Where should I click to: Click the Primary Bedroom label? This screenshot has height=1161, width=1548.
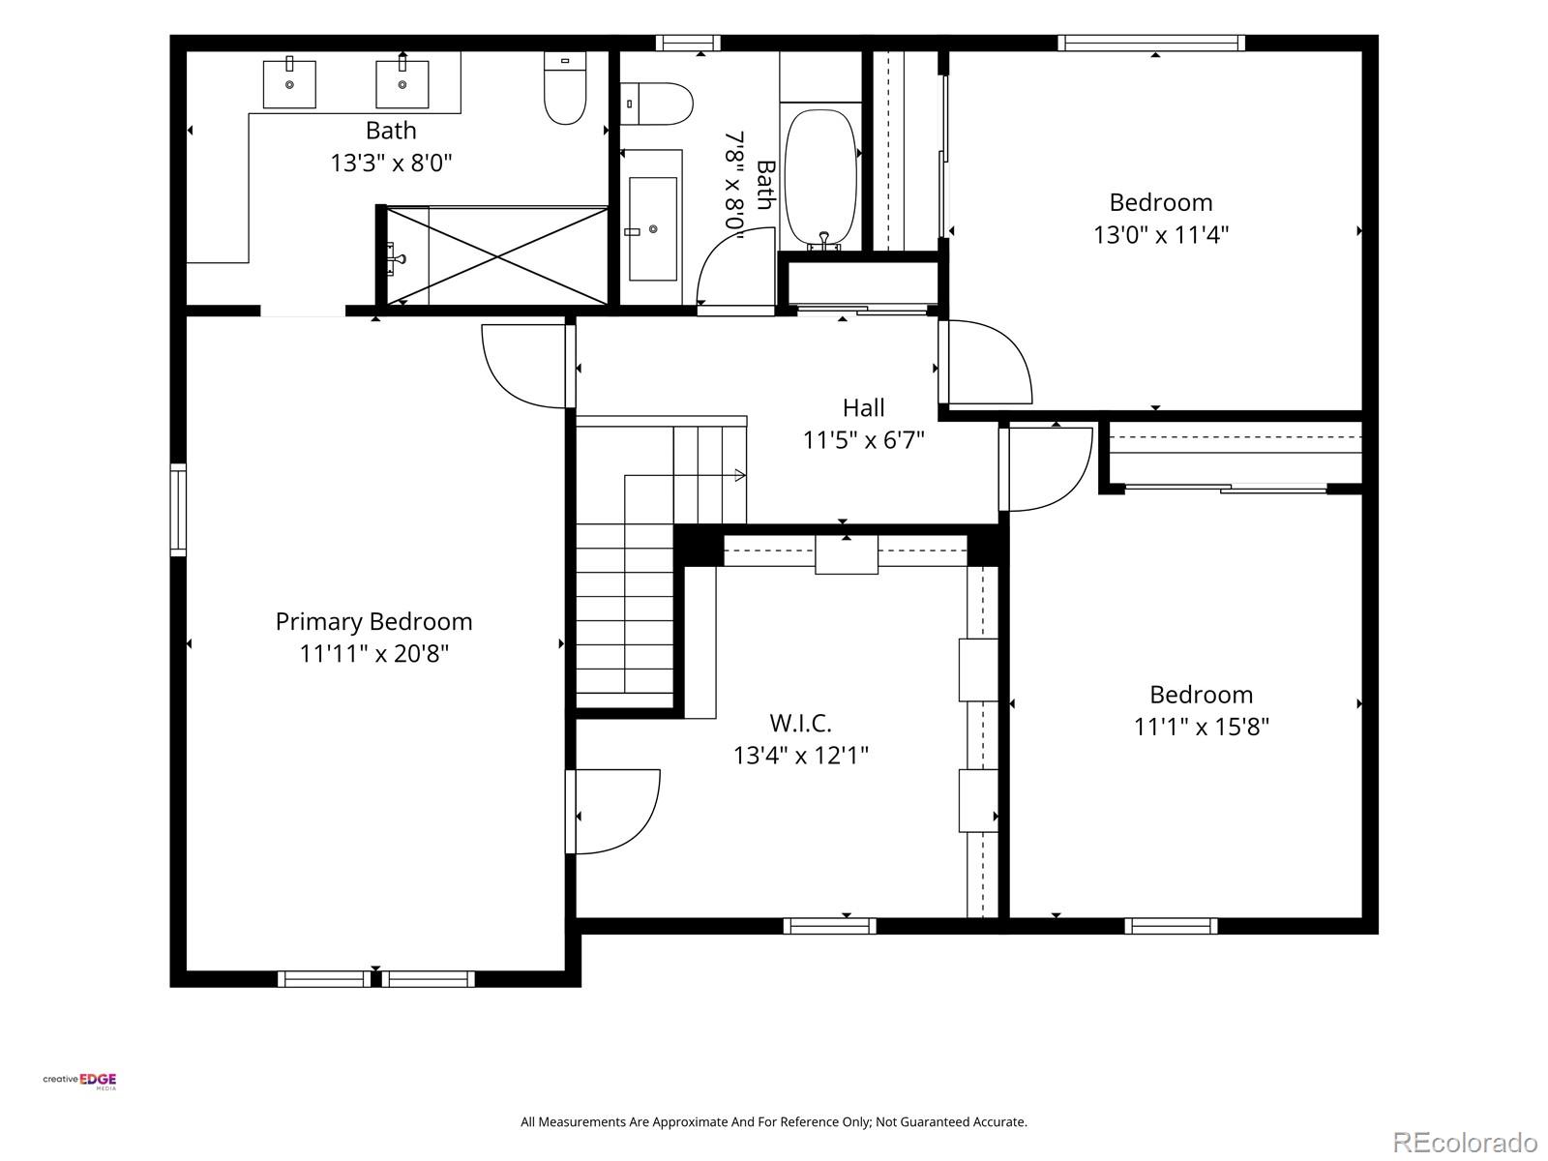point(373,622)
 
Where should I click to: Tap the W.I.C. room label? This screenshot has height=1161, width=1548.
point(800,724)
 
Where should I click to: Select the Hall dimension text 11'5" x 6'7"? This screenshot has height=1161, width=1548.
point(863,440)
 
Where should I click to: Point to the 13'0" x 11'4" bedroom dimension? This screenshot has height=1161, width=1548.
point(1161,235)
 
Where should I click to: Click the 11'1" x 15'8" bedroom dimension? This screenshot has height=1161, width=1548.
point(1201,727)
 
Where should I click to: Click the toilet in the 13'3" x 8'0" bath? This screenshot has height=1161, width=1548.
point(565,89)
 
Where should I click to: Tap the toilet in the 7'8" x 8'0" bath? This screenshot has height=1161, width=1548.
point(656,104)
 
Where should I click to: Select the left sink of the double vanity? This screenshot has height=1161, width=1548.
point(289,84)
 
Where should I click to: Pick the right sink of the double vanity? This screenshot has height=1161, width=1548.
point(402,84)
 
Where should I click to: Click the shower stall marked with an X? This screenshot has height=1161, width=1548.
point(497,255)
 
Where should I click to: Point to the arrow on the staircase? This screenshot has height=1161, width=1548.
point(740,475)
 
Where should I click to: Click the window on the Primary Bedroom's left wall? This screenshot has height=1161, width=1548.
point(178,510)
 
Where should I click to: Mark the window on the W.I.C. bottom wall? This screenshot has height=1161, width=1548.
point(829,926)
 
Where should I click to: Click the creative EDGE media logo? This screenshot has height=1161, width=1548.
point(79,1081)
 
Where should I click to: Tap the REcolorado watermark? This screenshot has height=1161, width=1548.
point(1465,1142)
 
